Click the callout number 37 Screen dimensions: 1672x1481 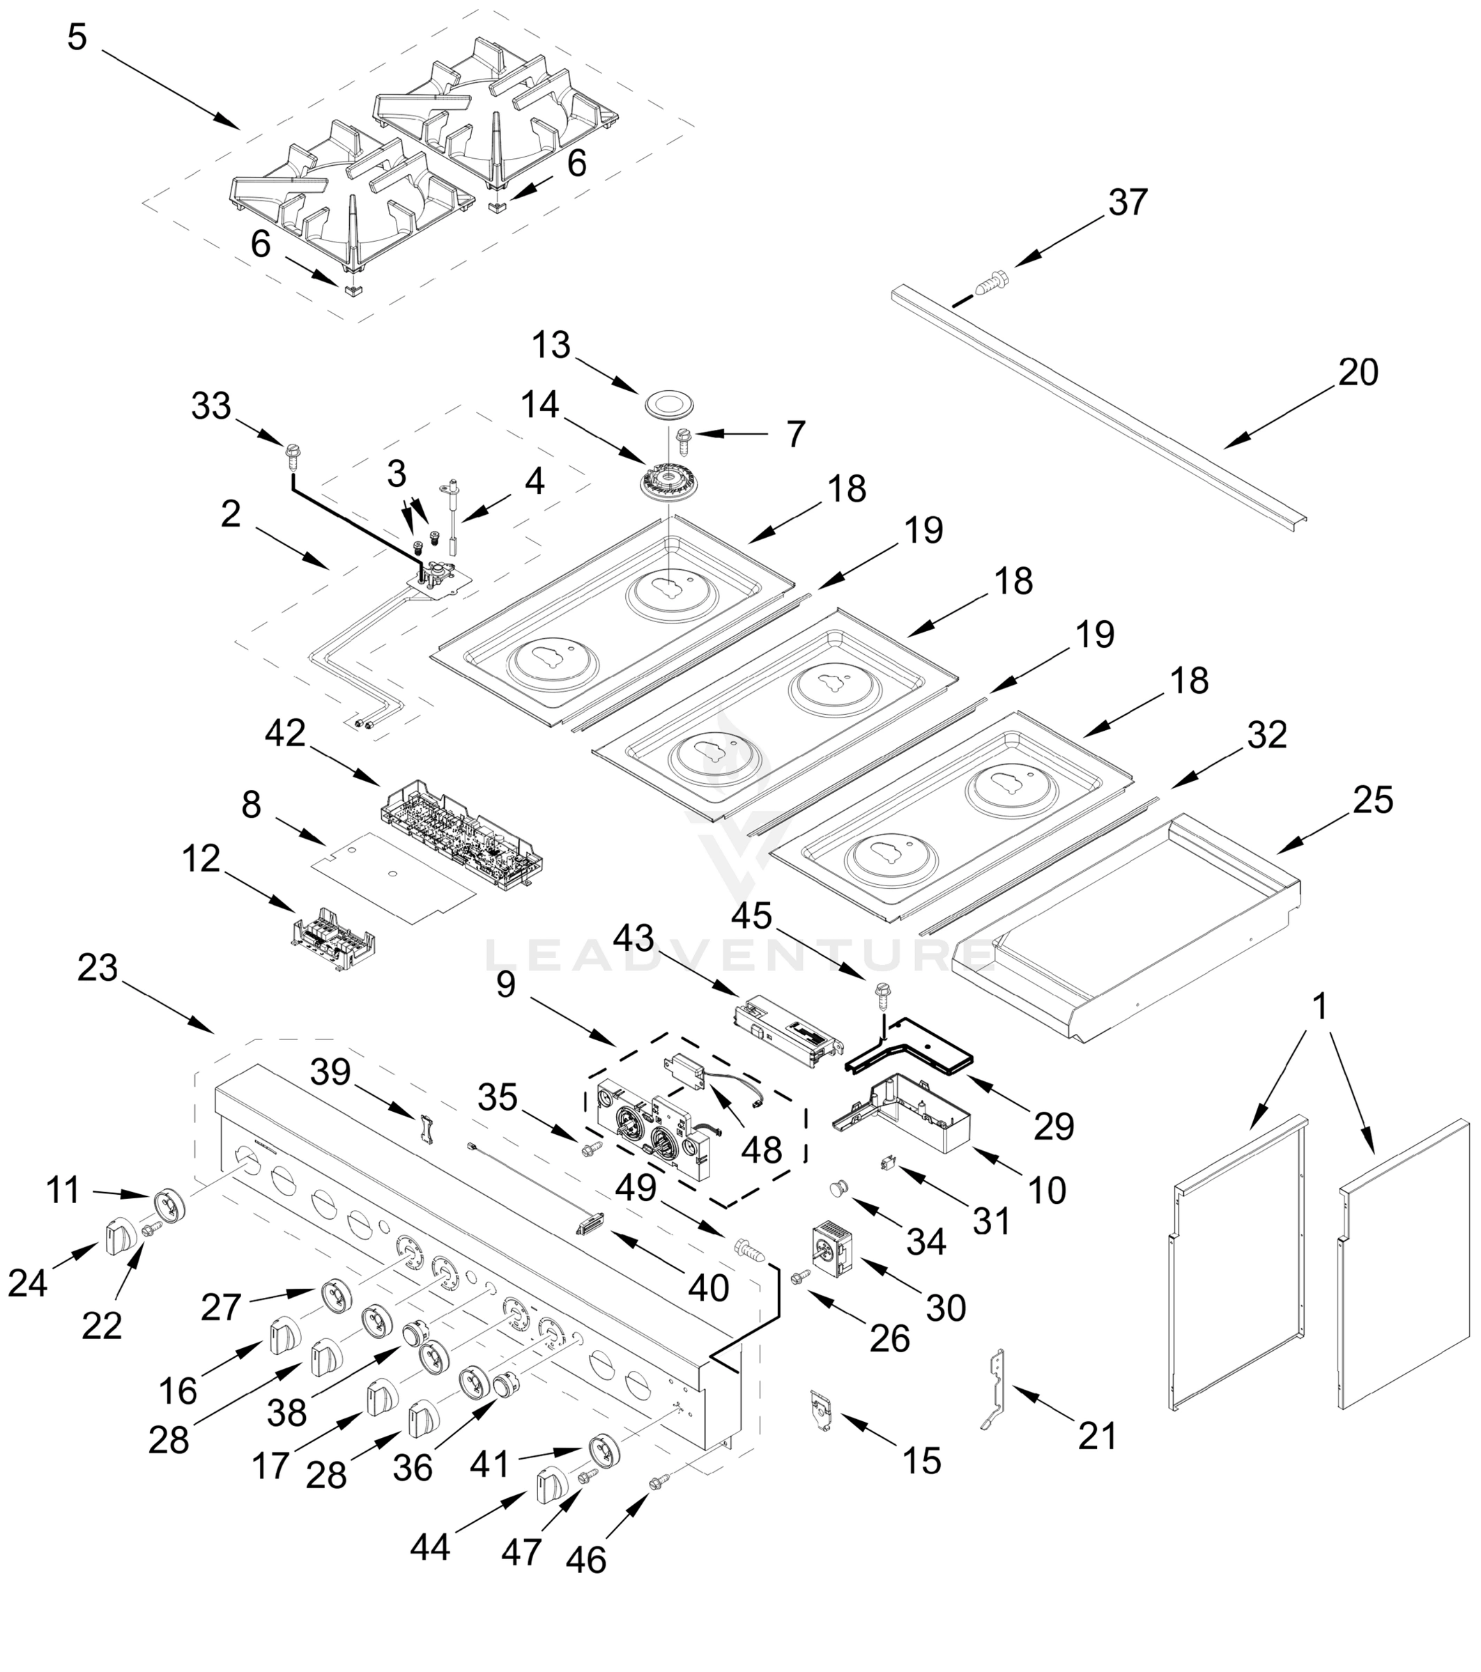coord(1128,202)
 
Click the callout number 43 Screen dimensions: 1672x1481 coord(634,938)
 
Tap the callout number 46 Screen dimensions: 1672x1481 coord(586,1559)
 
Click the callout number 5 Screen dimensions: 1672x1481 coord(77,38)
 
